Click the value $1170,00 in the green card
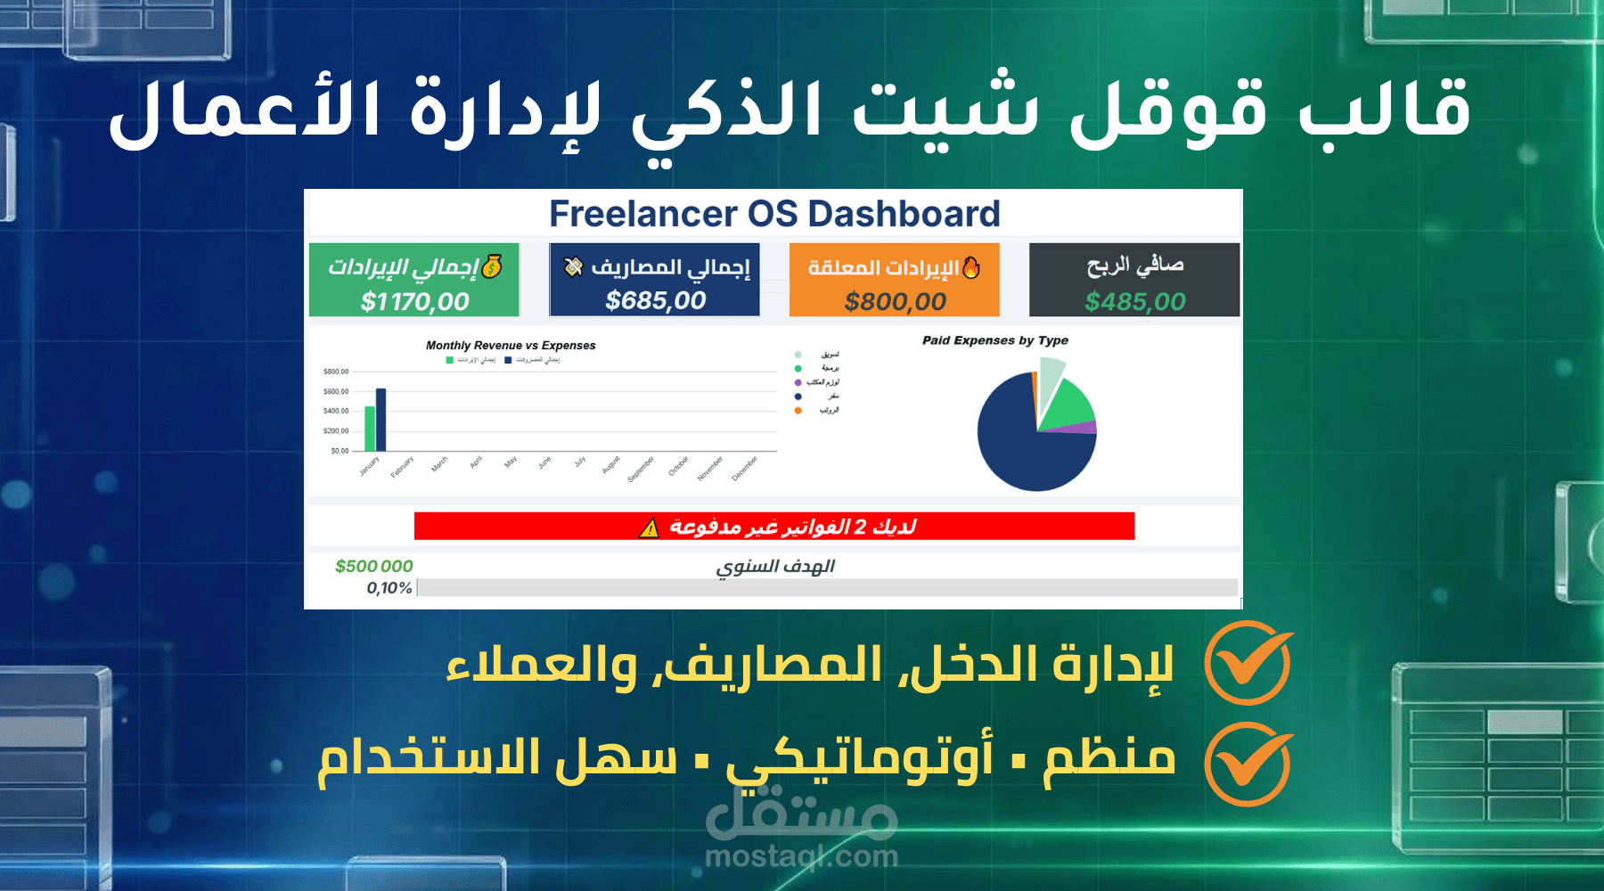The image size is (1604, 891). [414, 302]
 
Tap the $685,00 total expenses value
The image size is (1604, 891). [655, 301]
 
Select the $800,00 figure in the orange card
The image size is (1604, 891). [895, 302]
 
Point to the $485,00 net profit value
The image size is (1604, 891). [1134, 302]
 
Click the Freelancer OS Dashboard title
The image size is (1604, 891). [773, 214]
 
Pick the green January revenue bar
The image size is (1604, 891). [370, 429]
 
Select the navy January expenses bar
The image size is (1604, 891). [381, 420]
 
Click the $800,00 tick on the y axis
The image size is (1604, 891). [336, 372]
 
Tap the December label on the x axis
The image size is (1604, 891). [744, 469]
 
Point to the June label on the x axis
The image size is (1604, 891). [544, 462]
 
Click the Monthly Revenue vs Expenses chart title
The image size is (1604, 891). [511, 346]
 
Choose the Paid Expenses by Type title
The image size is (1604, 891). [994, 340]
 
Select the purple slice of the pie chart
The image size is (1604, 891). [1086, 428]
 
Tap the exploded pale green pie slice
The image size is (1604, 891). [1051, 374]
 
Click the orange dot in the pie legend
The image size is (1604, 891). [798, 411]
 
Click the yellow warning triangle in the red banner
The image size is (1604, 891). [649, 528]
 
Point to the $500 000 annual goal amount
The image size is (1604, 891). [373, 566]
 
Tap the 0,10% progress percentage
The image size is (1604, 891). [389, 588]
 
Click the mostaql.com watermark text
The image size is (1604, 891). [801, 857]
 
